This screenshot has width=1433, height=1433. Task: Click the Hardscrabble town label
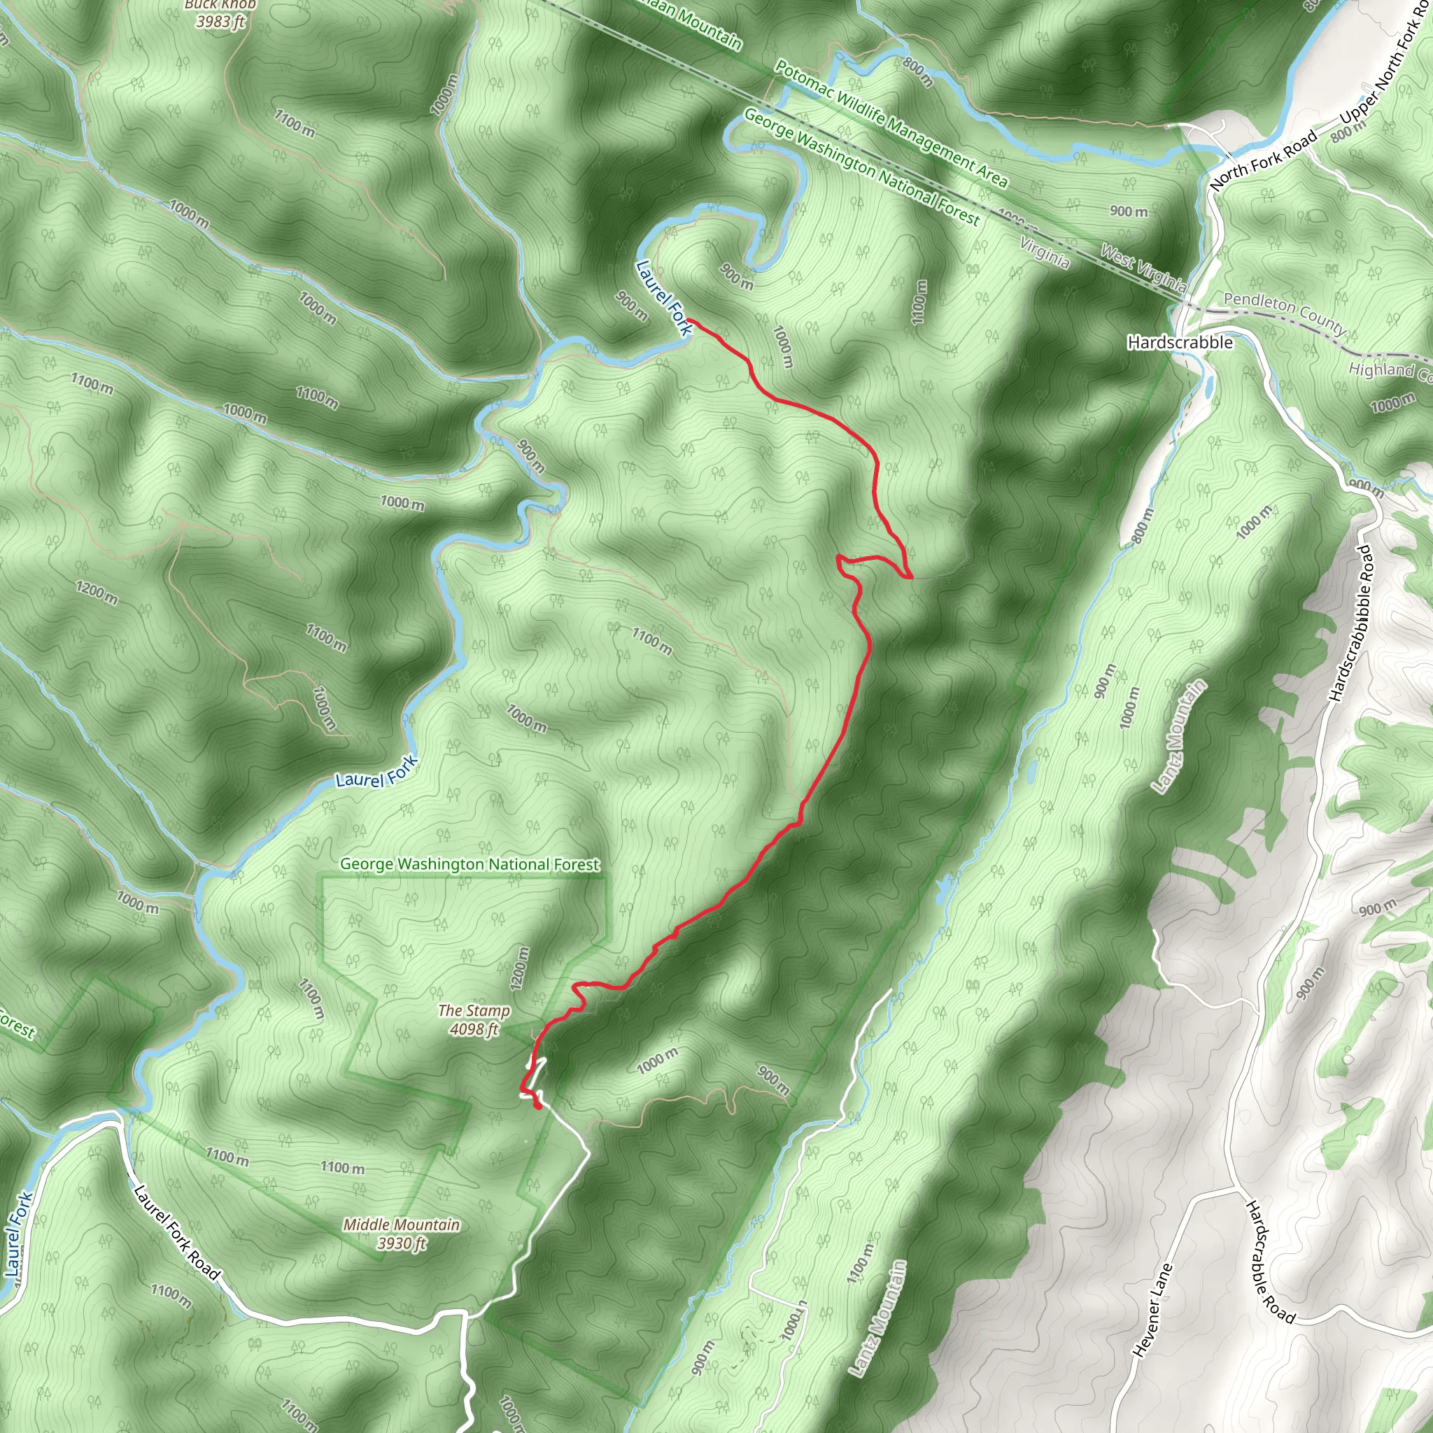(x=1179, y=342)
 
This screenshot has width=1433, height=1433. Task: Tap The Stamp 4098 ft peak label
(x=474, y=1019)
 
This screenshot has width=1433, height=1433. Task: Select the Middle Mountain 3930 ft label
(x=401, y=1234)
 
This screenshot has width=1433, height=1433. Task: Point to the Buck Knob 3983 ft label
(x=220, y=13)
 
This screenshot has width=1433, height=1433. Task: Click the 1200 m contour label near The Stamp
(x=520, y=968)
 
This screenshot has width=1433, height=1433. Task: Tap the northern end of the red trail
(x=691, y=320)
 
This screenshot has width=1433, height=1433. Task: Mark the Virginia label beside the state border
(x=1045, y=253)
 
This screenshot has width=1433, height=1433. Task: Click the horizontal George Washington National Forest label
(x=470, y=864)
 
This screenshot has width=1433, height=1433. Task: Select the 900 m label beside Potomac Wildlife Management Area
(x=1128, y=211)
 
